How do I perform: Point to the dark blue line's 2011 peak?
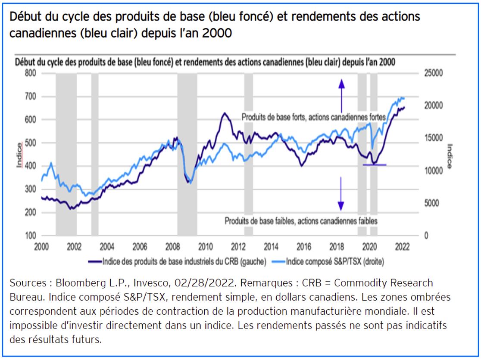[225, 113]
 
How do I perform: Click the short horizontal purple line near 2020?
[375, 164]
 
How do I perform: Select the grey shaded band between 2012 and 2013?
[249, 155]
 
